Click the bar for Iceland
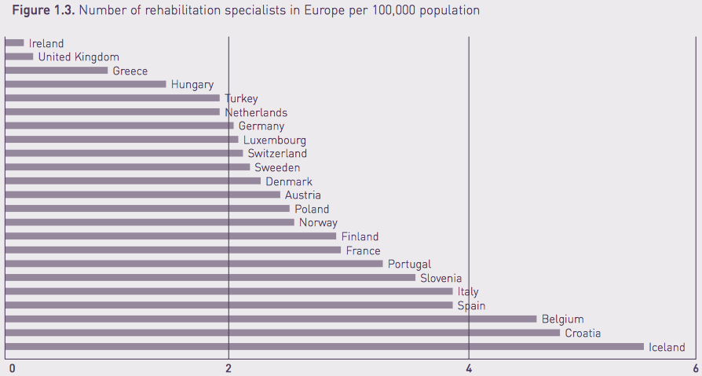tap(324, 346)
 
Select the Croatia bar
tap(282, 333)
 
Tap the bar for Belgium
tap(270, 319)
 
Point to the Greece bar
tap(56, 70)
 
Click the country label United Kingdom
tap(79, 57)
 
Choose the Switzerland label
tap(277, 154)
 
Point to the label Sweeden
tap(277, 168)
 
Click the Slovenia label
tap(441, 278)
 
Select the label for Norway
tap(318, 223)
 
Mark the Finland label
tap(360, 236)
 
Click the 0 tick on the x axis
tap(12, 367)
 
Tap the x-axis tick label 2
tap(229, 367)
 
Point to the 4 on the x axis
tap(469, 367)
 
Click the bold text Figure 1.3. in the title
tap(43, 11)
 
